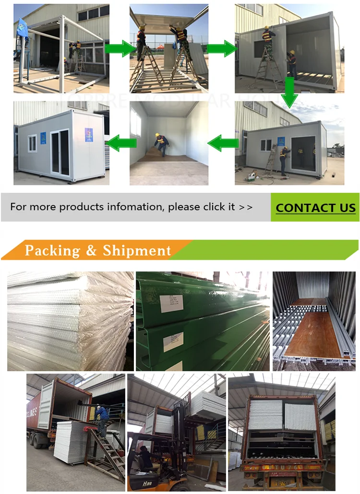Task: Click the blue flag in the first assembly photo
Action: click(x=22, y=28)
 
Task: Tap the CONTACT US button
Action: click(x=315, y=208)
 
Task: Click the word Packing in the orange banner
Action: click(x=52, y=250)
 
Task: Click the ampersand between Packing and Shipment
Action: click(x=91, y=251)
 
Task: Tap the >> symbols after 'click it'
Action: click(x=245, y=207)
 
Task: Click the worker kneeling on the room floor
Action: click(x=161, y=143)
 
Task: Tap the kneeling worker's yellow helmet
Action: click(x=157, y=135)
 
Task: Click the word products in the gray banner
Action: click(x=88, y=207)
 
